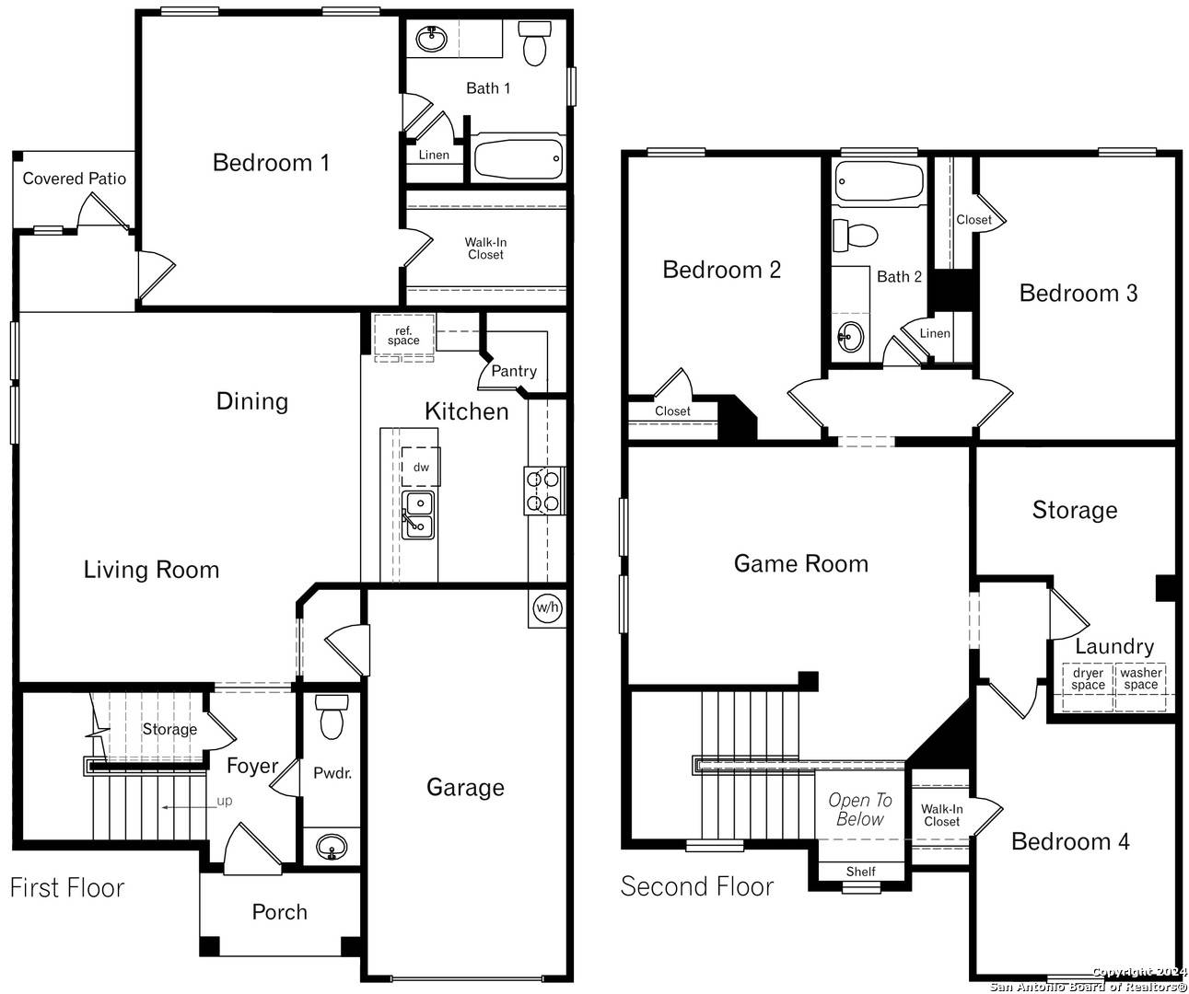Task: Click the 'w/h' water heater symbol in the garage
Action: (x=547, y=607)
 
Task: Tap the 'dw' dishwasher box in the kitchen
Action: (x=421, y=467)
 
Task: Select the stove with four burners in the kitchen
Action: (x=543, y=491)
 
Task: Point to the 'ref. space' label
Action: (x=403, y=336)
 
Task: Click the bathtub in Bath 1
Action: (x=518, y=159)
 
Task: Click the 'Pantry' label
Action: (x=514, y=371)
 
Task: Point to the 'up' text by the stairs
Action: (x=225, y=801)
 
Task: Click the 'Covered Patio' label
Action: (x=74, y=179)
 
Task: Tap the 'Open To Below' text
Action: (x=859, y=810)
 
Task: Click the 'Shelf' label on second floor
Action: (x=860, y=872)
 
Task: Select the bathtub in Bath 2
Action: (x=879, y=181)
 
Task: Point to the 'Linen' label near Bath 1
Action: (x=434, y=155)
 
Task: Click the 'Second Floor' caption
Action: (x=697, y=886)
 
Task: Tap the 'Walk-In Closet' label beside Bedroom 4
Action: (x=941, y=815)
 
